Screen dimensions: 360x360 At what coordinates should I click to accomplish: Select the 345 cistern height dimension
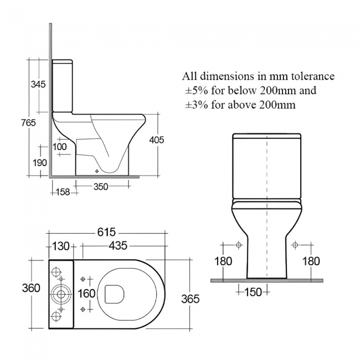pyautogui.click(x=37, y=85)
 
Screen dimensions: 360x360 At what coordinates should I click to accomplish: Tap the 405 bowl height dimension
pyautogui.click(x=157, y=140)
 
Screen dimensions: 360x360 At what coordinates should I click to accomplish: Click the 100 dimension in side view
pyautogui.click(x=60, y=147)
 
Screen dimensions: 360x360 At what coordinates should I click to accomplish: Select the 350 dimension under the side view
pyautogui.click(x=100, y=187)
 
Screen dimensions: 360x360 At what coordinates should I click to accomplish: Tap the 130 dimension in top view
pyautogui.click(x=60, y=246)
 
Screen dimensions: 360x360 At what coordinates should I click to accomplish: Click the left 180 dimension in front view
pyautogui.click(x=223, y=261)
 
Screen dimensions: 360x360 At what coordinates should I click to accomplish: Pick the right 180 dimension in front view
pyautogui.click(x=311, y=261)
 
